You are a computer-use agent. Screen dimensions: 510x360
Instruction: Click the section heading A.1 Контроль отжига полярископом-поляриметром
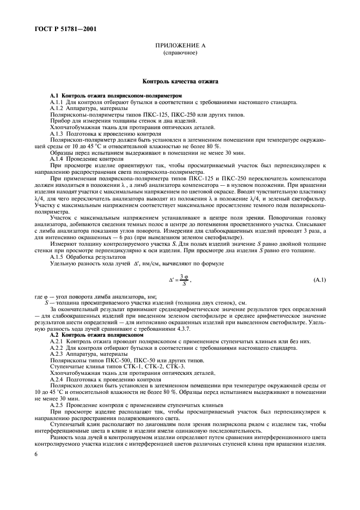pyautogui.click(x=105, y=96)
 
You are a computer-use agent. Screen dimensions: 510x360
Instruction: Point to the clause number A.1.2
pyautogui.click(x=59, y=108)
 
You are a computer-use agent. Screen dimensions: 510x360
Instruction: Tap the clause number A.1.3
pyautogui.click(x=59, y=133)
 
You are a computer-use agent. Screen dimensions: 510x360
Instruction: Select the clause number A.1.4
pyautogui.click(x=59, y=159)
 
